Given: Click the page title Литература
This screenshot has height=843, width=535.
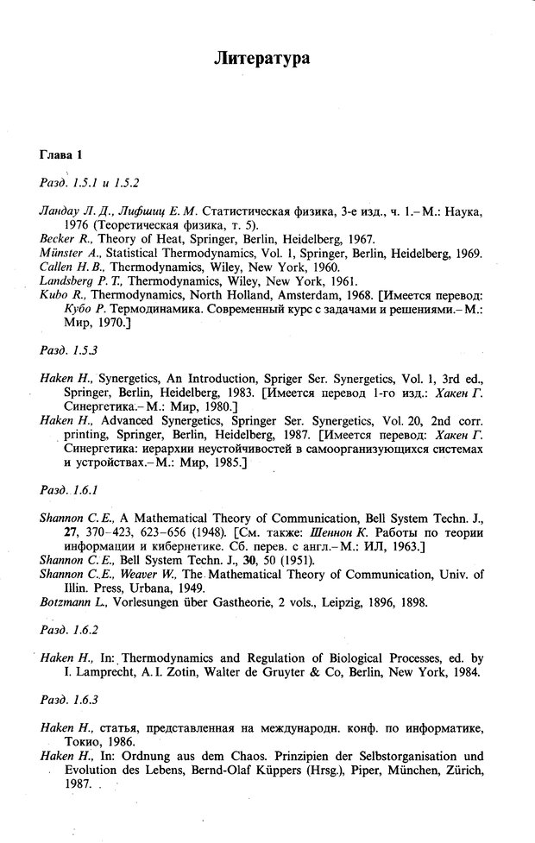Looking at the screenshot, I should pyautogui.click(x=267, y=59).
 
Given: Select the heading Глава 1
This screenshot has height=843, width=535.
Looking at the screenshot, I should pyautogui.click(x=61, y=155).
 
